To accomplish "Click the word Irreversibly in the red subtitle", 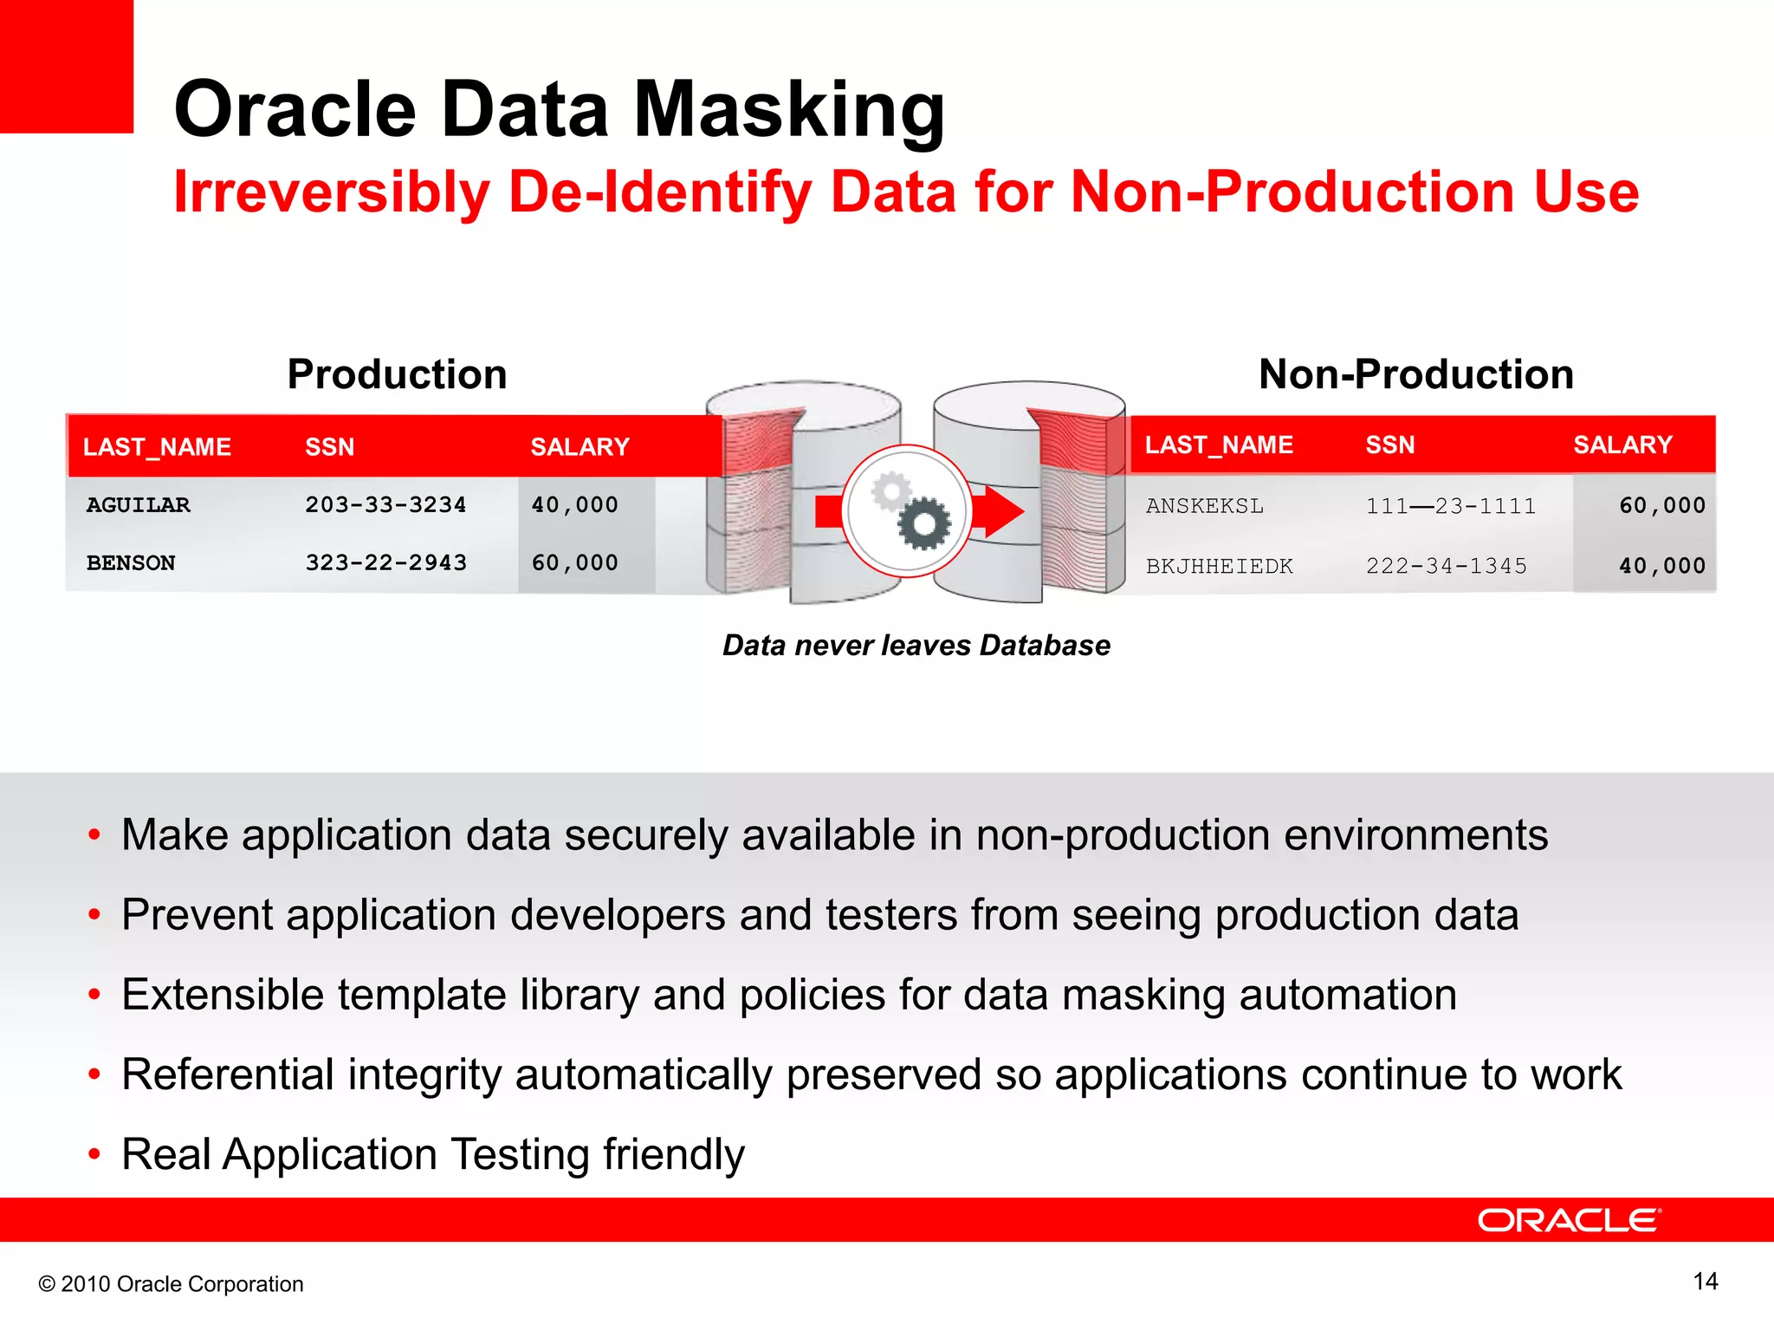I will (x=331, y=192).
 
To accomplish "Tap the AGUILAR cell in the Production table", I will (x=138, y=505).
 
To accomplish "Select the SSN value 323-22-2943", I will (x=385, y=563).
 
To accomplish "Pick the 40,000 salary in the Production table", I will (x=574, y=505).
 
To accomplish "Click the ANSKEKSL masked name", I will (x=1204, y=506).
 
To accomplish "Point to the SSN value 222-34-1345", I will (x=1446, y=566).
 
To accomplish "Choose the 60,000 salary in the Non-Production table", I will (x=1661, y=506).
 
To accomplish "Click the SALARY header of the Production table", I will (x=579, y=447).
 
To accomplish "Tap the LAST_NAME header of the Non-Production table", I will (x=1218, y=445).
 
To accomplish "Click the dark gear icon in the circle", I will (x=923, y=523).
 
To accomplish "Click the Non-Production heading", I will (x=1415, y=374).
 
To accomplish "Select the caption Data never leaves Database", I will (x=916, y=646).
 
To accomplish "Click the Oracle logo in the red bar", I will (x=1569, y=1220).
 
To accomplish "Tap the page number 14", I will (x=1705, y=1282).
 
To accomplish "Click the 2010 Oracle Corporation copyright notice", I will (x=172, y=1284).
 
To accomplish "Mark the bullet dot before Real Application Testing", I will (x=94, y=1154).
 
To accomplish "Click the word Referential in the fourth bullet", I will (x=227, y=1075).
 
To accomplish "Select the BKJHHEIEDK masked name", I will (x=1219, y=567).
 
